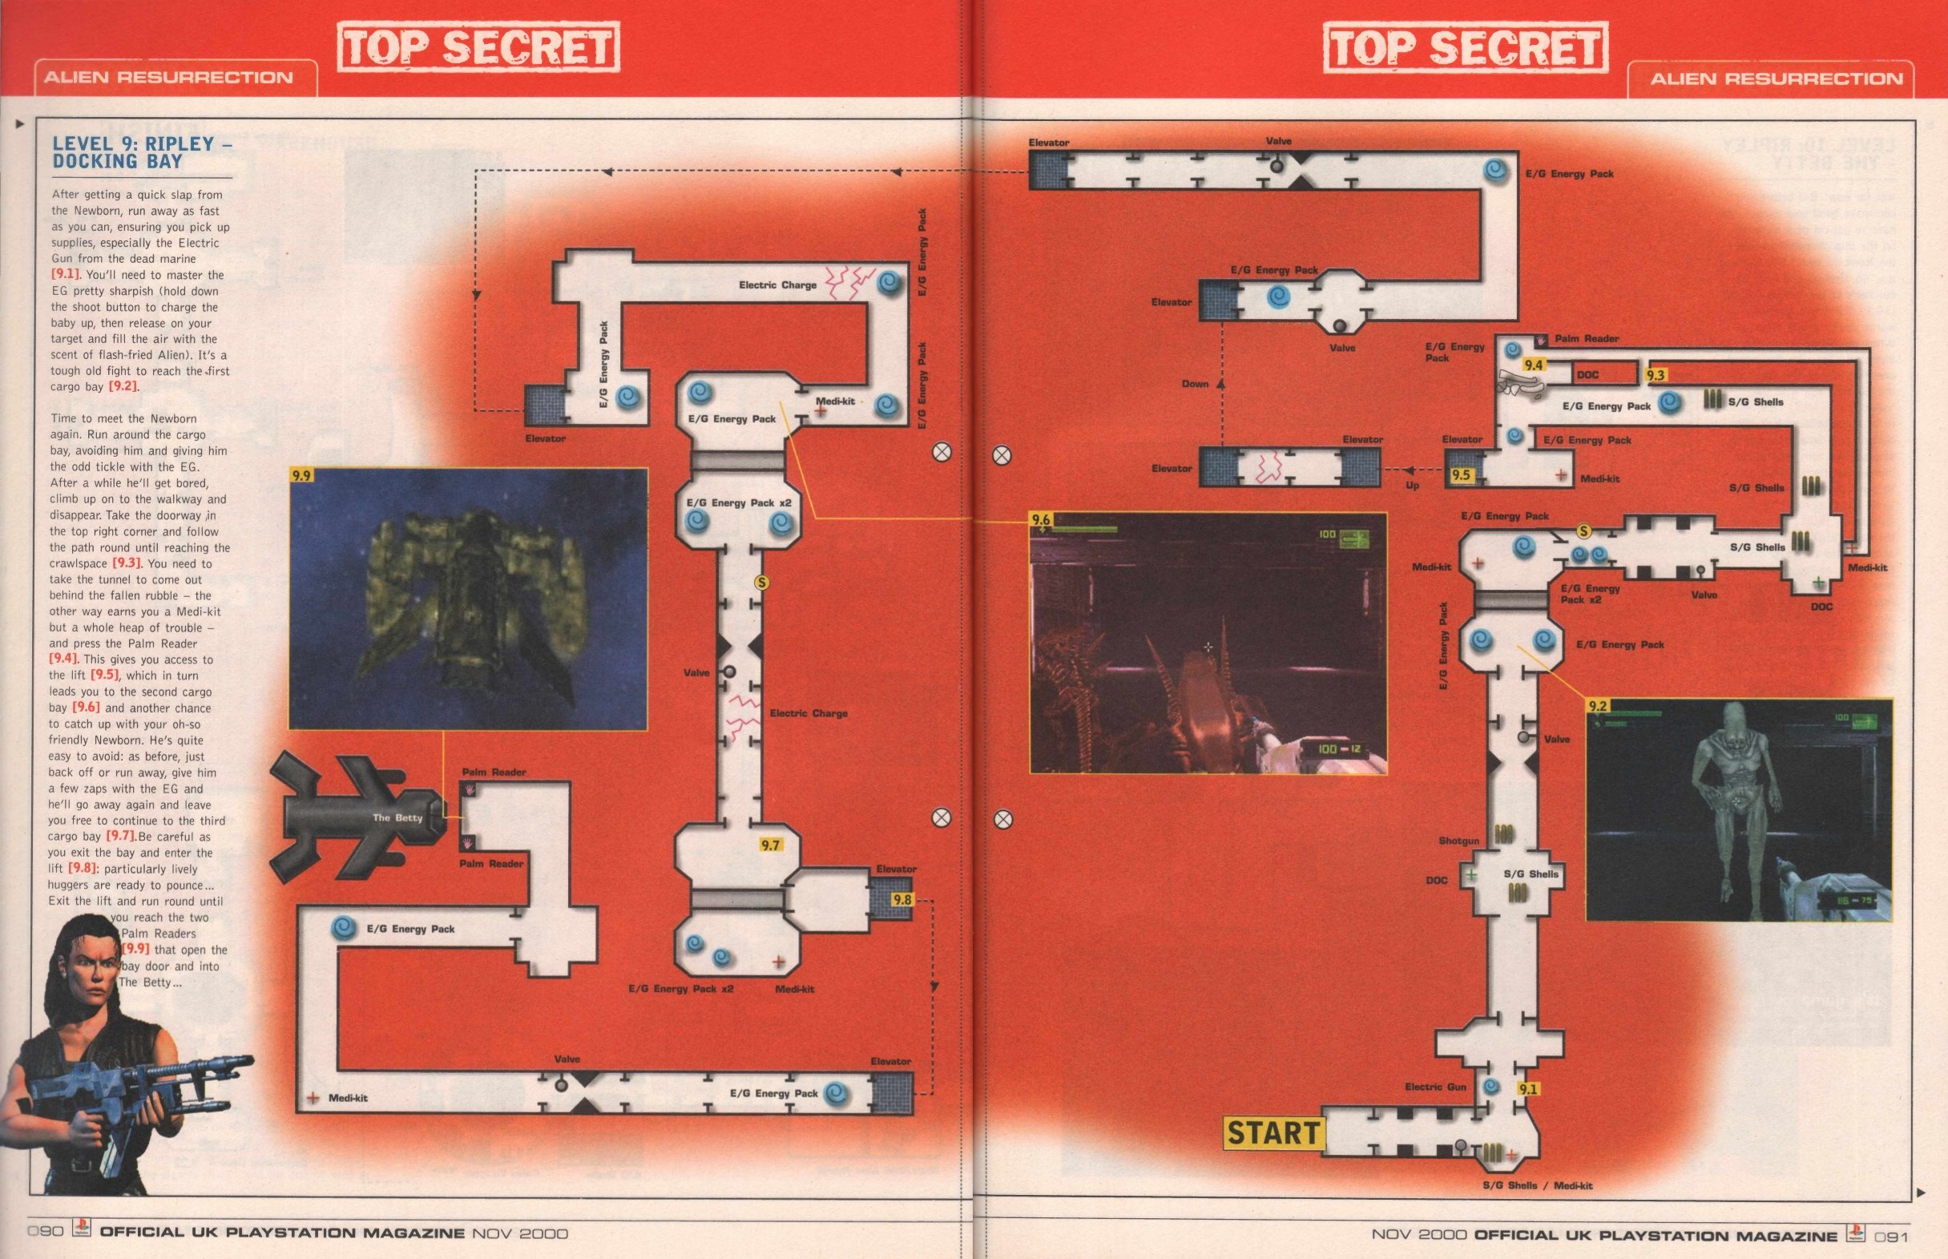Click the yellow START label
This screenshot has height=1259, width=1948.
(x=1273, y=1133)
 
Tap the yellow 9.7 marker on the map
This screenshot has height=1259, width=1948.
(x=770, y=845)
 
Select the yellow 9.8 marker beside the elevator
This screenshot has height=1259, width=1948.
(x=901, y=899)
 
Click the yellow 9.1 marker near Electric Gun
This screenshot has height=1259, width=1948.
(x=1527, y=1089)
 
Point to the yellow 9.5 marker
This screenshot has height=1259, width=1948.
(x=1461, y=475)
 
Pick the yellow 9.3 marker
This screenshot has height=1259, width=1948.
(x=1656, y=375)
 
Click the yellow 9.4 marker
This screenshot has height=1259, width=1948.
(x=1533, y=365)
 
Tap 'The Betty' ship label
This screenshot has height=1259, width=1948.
(x=397, y=817)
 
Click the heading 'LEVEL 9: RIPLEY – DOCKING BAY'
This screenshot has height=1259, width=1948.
(x=132, y=152)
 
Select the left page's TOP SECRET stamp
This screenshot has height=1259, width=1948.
(x=478, y=46)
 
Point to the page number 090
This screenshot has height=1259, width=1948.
(x=45, y=1233)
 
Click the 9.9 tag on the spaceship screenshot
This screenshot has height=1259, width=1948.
(x=301, y=475)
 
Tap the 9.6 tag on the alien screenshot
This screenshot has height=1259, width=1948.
(x=1040, y=520)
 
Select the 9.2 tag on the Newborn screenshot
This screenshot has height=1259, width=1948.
(x=1596, y=705)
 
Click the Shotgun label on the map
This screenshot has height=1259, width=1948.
(x=1458, y=841)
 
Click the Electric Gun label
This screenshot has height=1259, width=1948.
(x=1434, y=1087)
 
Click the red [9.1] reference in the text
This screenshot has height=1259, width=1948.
(x=66, y=275)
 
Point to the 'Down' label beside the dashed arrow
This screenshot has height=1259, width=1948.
(x=1194, y=383)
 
